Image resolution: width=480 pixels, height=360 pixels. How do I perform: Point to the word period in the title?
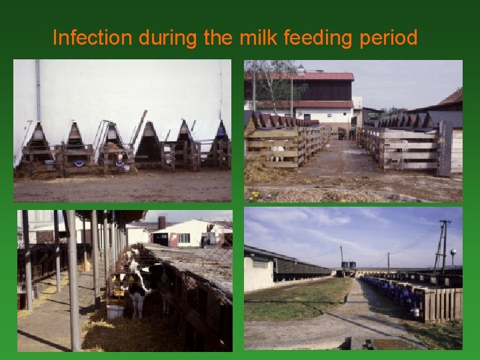pyautogui.click(x=389, y=39)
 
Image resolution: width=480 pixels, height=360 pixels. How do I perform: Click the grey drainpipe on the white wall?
pyautogui.click(x=38, y=90)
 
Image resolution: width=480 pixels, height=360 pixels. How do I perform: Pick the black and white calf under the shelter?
pyautogui.click(x=137, y=283)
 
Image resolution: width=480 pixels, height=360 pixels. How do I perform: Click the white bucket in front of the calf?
pyautogui.click(x=115, y=311)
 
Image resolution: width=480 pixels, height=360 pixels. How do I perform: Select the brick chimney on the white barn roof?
pyautogui.click(x=161, y=222)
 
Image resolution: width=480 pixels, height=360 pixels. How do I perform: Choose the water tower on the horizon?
pyautogui.click(x=453, y=255)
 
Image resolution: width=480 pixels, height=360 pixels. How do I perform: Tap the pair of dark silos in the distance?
pyautogui.click(x=348, y=265)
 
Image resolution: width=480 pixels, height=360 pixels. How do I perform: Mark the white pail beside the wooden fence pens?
pyautogui.click(x=415, y=311)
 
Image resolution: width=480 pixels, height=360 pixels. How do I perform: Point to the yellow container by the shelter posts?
pyautogui.click(x=87, y=267)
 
